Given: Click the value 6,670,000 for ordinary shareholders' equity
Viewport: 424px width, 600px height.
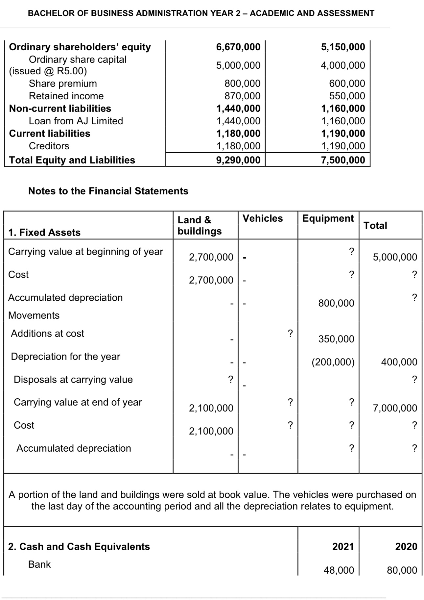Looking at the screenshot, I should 238,47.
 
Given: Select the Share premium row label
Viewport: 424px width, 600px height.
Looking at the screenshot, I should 63,84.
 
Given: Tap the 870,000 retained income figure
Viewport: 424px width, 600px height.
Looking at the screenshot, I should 242,96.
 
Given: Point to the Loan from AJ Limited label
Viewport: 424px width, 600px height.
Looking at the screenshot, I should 76,121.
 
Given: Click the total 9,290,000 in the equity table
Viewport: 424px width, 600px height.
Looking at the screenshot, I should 238,160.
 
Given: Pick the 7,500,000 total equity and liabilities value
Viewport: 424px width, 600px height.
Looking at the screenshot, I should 343,160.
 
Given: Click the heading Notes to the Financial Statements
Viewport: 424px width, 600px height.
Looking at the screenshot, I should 108,191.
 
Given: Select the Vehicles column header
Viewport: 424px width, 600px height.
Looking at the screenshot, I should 262,218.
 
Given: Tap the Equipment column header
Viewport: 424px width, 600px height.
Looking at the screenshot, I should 328,218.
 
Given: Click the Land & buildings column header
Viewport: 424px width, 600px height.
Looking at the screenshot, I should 200,225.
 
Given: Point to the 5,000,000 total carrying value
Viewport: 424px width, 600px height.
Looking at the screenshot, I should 395,257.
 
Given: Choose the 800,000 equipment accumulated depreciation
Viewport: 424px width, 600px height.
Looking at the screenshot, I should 336,303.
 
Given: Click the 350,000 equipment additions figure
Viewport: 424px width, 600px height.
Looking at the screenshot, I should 336,339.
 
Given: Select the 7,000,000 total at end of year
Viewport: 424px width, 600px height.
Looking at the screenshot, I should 395,409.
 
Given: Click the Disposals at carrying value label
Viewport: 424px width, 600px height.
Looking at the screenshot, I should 73,380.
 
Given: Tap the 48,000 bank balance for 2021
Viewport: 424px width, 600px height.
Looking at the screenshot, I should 339,570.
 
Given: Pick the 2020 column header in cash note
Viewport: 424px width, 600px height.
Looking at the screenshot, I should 406,547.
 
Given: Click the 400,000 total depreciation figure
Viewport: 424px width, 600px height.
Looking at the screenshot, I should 399,362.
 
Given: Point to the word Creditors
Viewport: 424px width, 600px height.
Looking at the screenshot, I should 49,146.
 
